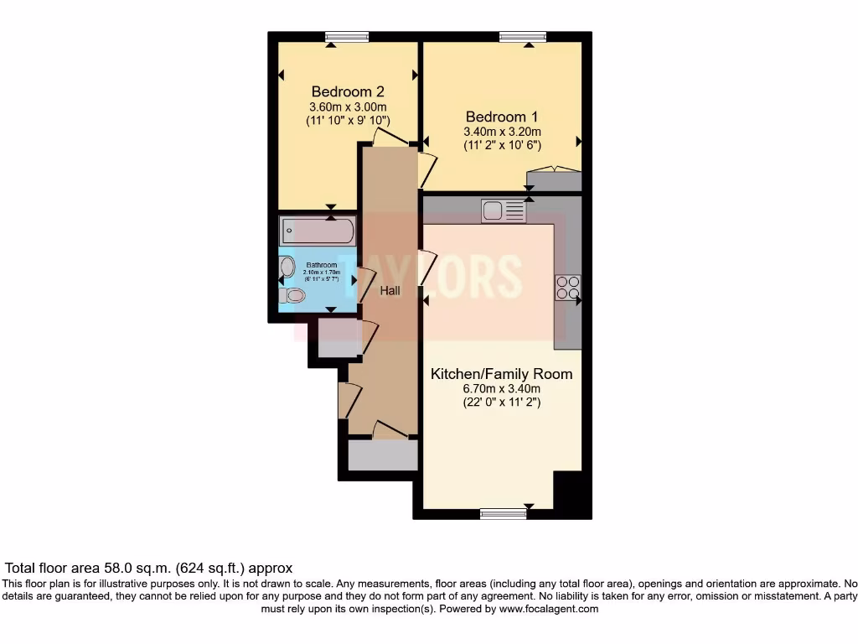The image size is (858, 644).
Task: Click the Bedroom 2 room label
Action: [348, 91]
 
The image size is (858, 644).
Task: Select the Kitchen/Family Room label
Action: [501, 373]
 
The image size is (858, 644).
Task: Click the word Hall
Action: [390, 291]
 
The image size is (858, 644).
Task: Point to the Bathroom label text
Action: [321, 265]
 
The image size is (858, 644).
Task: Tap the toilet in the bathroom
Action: [293, 295]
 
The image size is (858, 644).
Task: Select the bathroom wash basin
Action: [287, 267]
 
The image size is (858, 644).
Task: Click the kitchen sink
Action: [503, 210]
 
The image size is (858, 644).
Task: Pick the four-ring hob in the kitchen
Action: [567, 288]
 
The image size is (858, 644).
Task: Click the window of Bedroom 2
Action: [347, 36]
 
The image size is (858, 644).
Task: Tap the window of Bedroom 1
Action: [523, 36]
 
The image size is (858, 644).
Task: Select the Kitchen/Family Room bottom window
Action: [503, 513]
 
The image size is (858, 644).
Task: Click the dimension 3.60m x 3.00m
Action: [348, 106]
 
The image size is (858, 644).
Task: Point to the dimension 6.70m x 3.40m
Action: [502, 388]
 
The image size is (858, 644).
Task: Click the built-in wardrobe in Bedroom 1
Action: [553, 180]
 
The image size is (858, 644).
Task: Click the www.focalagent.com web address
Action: [549, 609]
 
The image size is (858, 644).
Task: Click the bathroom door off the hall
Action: [364, 285]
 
